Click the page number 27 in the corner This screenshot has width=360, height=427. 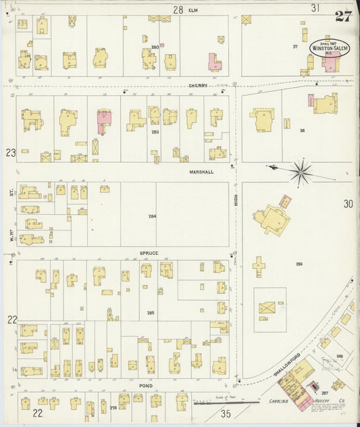(343, 16)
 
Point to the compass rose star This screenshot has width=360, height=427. (301, 171)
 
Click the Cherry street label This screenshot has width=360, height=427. (197, 86)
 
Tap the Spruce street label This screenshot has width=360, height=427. (149, 253)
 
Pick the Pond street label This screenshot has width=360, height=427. (145, 385)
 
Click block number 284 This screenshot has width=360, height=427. (152, 216)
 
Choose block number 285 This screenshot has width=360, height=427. (151, 313)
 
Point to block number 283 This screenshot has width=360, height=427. (155, 132)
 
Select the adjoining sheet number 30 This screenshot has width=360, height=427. (348, 203)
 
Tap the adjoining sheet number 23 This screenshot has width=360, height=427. (11, 153)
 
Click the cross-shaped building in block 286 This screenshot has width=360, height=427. (259, 266)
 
